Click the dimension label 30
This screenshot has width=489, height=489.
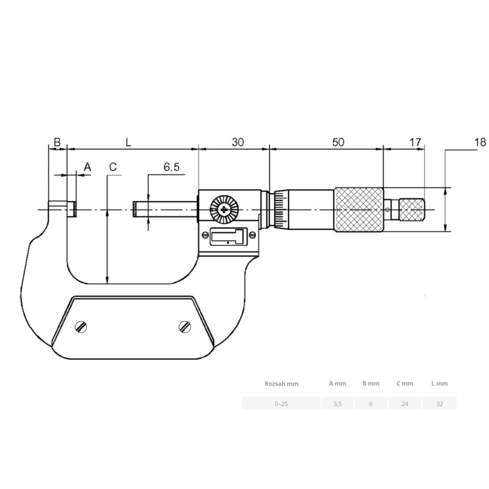point(238,142)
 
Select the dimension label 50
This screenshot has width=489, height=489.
point(338,142)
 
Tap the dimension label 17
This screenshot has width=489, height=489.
point(415,142)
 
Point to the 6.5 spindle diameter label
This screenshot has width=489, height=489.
point(172,167)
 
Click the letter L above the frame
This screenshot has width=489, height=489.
point(128,142)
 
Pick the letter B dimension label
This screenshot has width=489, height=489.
point(57,142)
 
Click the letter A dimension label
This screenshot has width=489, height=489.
point(87,167)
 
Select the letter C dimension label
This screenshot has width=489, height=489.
point(113,167)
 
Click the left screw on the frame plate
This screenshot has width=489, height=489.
point(81,327)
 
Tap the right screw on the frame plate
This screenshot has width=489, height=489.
point(185,326)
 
